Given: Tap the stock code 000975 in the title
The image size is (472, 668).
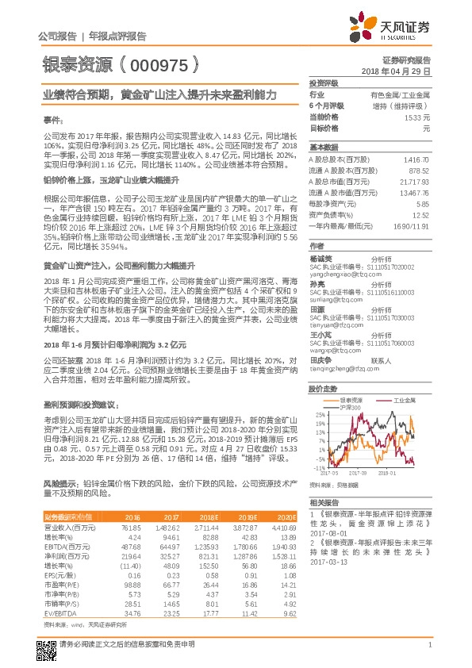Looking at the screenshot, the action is (x=157, y=63).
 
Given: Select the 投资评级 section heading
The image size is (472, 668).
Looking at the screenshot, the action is (x=324, y=83).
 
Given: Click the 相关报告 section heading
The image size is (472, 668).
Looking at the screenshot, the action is (x=324, y=503).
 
